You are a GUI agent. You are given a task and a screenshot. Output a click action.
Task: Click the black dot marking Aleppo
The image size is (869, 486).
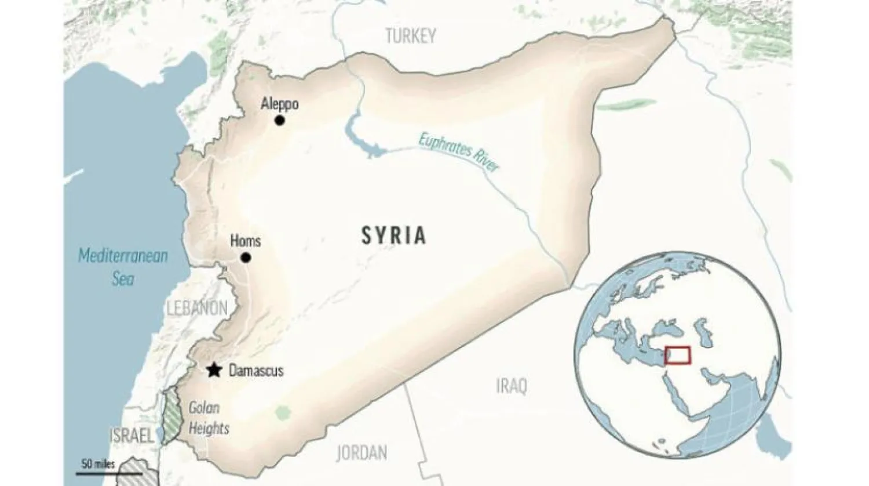[x=280, y=120]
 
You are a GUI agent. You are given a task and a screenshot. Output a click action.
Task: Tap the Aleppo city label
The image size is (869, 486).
[x=280, y=104]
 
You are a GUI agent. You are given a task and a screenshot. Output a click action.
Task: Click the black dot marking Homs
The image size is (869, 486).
[x=246, y=257]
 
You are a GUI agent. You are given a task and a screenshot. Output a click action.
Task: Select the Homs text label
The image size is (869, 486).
[x=246, y=241]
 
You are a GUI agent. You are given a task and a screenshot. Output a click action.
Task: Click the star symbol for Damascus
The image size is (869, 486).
[x=214, y=369]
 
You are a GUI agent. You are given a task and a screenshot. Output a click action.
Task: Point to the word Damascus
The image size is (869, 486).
[x=256, y=370]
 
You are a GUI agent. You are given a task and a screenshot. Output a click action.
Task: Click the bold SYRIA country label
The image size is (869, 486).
[x=394, y=235]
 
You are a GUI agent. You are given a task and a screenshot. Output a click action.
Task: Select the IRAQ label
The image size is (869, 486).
[x=512, y=386]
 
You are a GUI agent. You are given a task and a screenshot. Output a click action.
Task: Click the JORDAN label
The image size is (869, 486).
[x=362, y=452]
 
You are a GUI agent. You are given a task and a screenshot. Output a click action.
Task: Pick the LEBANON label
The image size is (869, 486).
[x=197, y=309]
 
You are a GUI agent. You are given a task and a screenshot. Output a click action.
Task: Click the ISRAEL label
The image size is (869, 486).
[x=132, y=436]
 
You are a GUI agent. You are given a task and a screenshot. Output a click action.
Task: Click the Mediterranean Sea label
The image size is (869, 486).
[x=123, y=267]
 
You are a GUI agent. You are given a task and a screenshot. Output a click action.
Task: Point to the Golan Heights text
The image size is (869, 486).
[x=208, y=418]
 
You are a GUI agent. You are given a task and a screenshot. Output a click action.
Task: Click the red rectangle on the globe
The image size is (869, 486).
[x=677, y=355]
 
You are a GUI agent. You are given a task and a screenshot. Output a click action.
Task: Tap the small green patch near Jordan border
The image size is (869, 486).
[x=282, y=413]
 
